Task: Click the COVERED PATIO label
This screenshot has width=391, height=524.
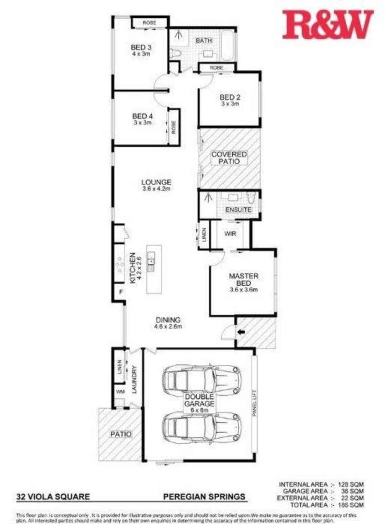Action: coord(229,158)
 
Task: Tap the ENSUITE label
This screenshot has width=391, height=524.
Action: coord(238,210)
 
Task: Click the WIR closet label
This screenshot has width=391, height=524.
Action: coord(230,234)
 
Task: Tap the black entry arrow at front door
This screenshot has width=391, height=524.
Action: coord(241,332)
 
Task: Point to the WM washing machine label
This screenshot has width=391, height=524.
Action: coord(120,391)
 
